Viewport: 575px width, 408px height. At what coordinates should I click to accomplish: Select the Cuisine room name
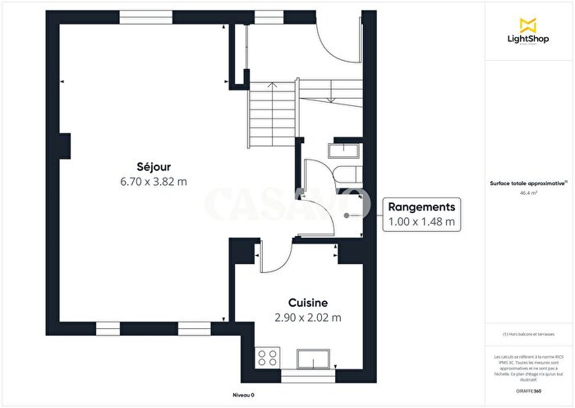308,302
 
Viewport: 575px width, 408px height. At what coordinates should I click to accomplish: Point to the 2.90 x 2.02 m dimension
308,317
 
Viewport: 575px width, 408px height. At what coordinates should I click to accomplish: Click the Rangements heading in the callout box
421,207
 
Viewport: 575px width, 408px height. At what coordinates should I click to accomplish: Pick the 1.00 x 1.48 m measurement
421,222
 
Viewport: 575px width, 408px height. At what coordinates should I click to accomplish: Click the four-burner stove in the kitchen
268,358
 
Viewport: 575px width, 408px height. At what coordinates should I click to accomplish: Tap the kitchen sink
315,359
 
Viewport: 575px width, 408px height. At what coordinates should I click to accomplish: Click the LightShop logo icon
528,23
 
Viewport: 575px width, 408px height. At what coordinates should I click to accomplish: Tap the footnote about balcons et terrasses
528,334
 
